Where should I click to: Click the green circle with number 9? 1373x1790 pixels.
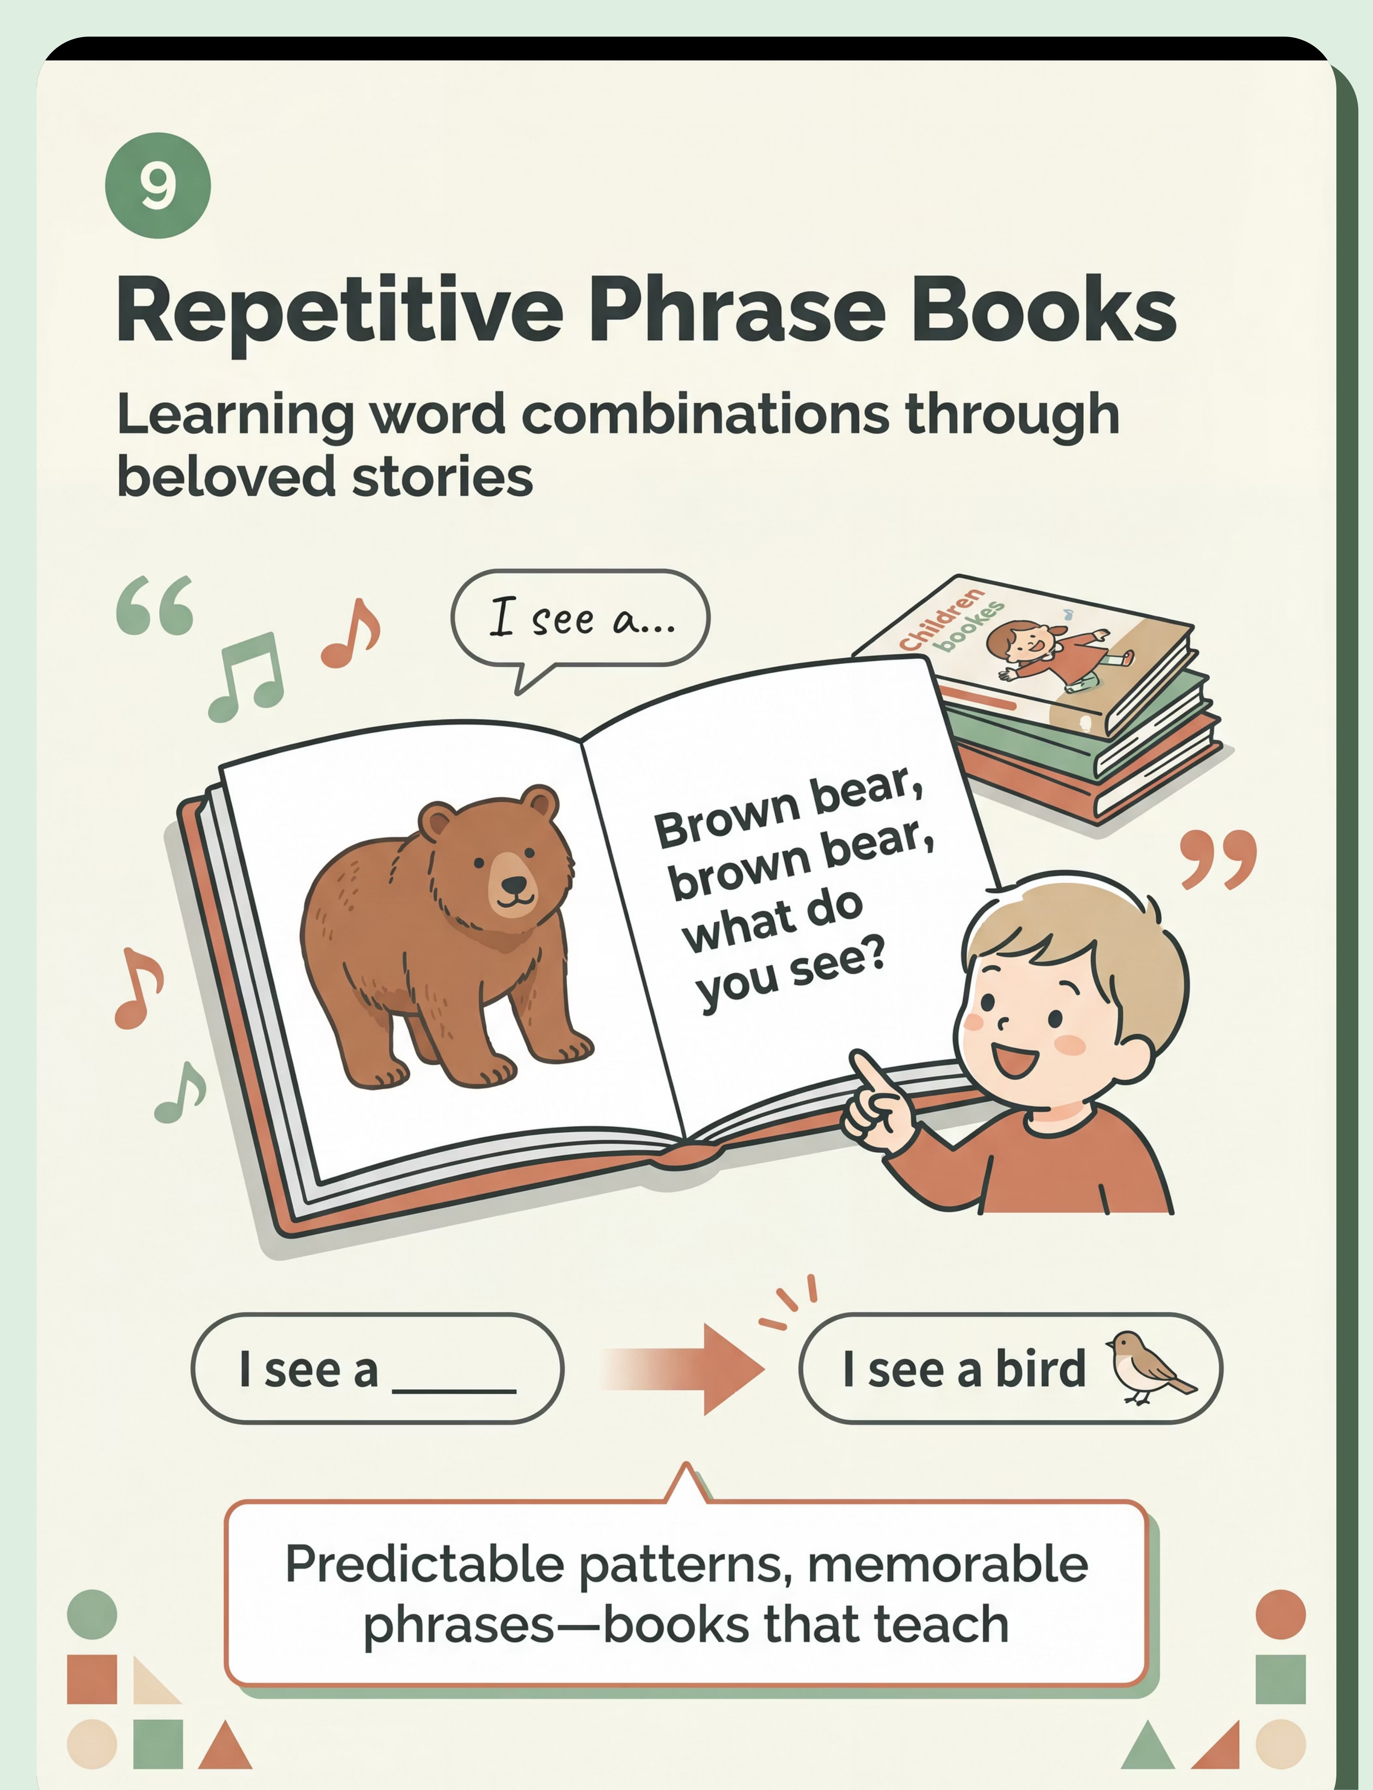[x=158, y=186]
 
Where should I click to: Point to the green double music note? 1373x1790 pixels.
[x=247, y=677]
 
